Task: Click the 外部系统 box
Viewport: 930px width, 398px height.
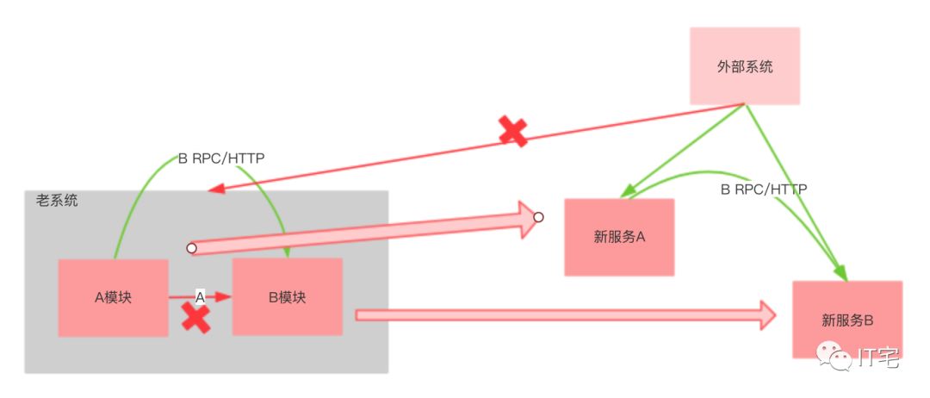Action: pos(745,65)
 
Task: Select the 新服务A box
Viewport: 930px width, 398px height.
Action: pos(619,237)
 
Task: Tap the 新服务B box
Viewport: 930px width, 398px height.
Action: pos(847,320)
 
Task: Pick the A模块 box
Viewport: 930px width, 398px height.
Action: pos(113,297)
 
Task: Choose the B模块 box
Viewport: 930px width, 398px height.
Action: pos(287,297)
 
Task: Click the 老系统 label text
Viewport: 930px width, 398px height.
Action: pos(57,201)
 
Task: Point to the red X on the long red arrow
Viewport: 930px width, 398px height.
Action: pos(513,131)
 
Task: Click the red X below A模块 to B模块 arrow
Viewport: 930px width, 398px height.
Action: pos(195,320)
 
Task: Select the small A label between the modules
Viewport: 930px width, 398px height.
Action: pos(200,296)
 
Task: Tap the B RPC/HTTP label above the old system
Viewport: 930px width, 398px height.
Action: pos(221,159)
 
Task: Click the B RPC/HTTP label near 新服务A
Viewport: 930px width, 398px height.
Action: pos(763,189)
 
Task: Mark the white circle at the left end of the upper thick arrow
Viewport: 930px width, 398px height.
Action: pos(191,248)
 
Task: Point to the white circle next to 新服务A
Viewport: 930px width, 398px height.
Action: pos(538,217)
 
